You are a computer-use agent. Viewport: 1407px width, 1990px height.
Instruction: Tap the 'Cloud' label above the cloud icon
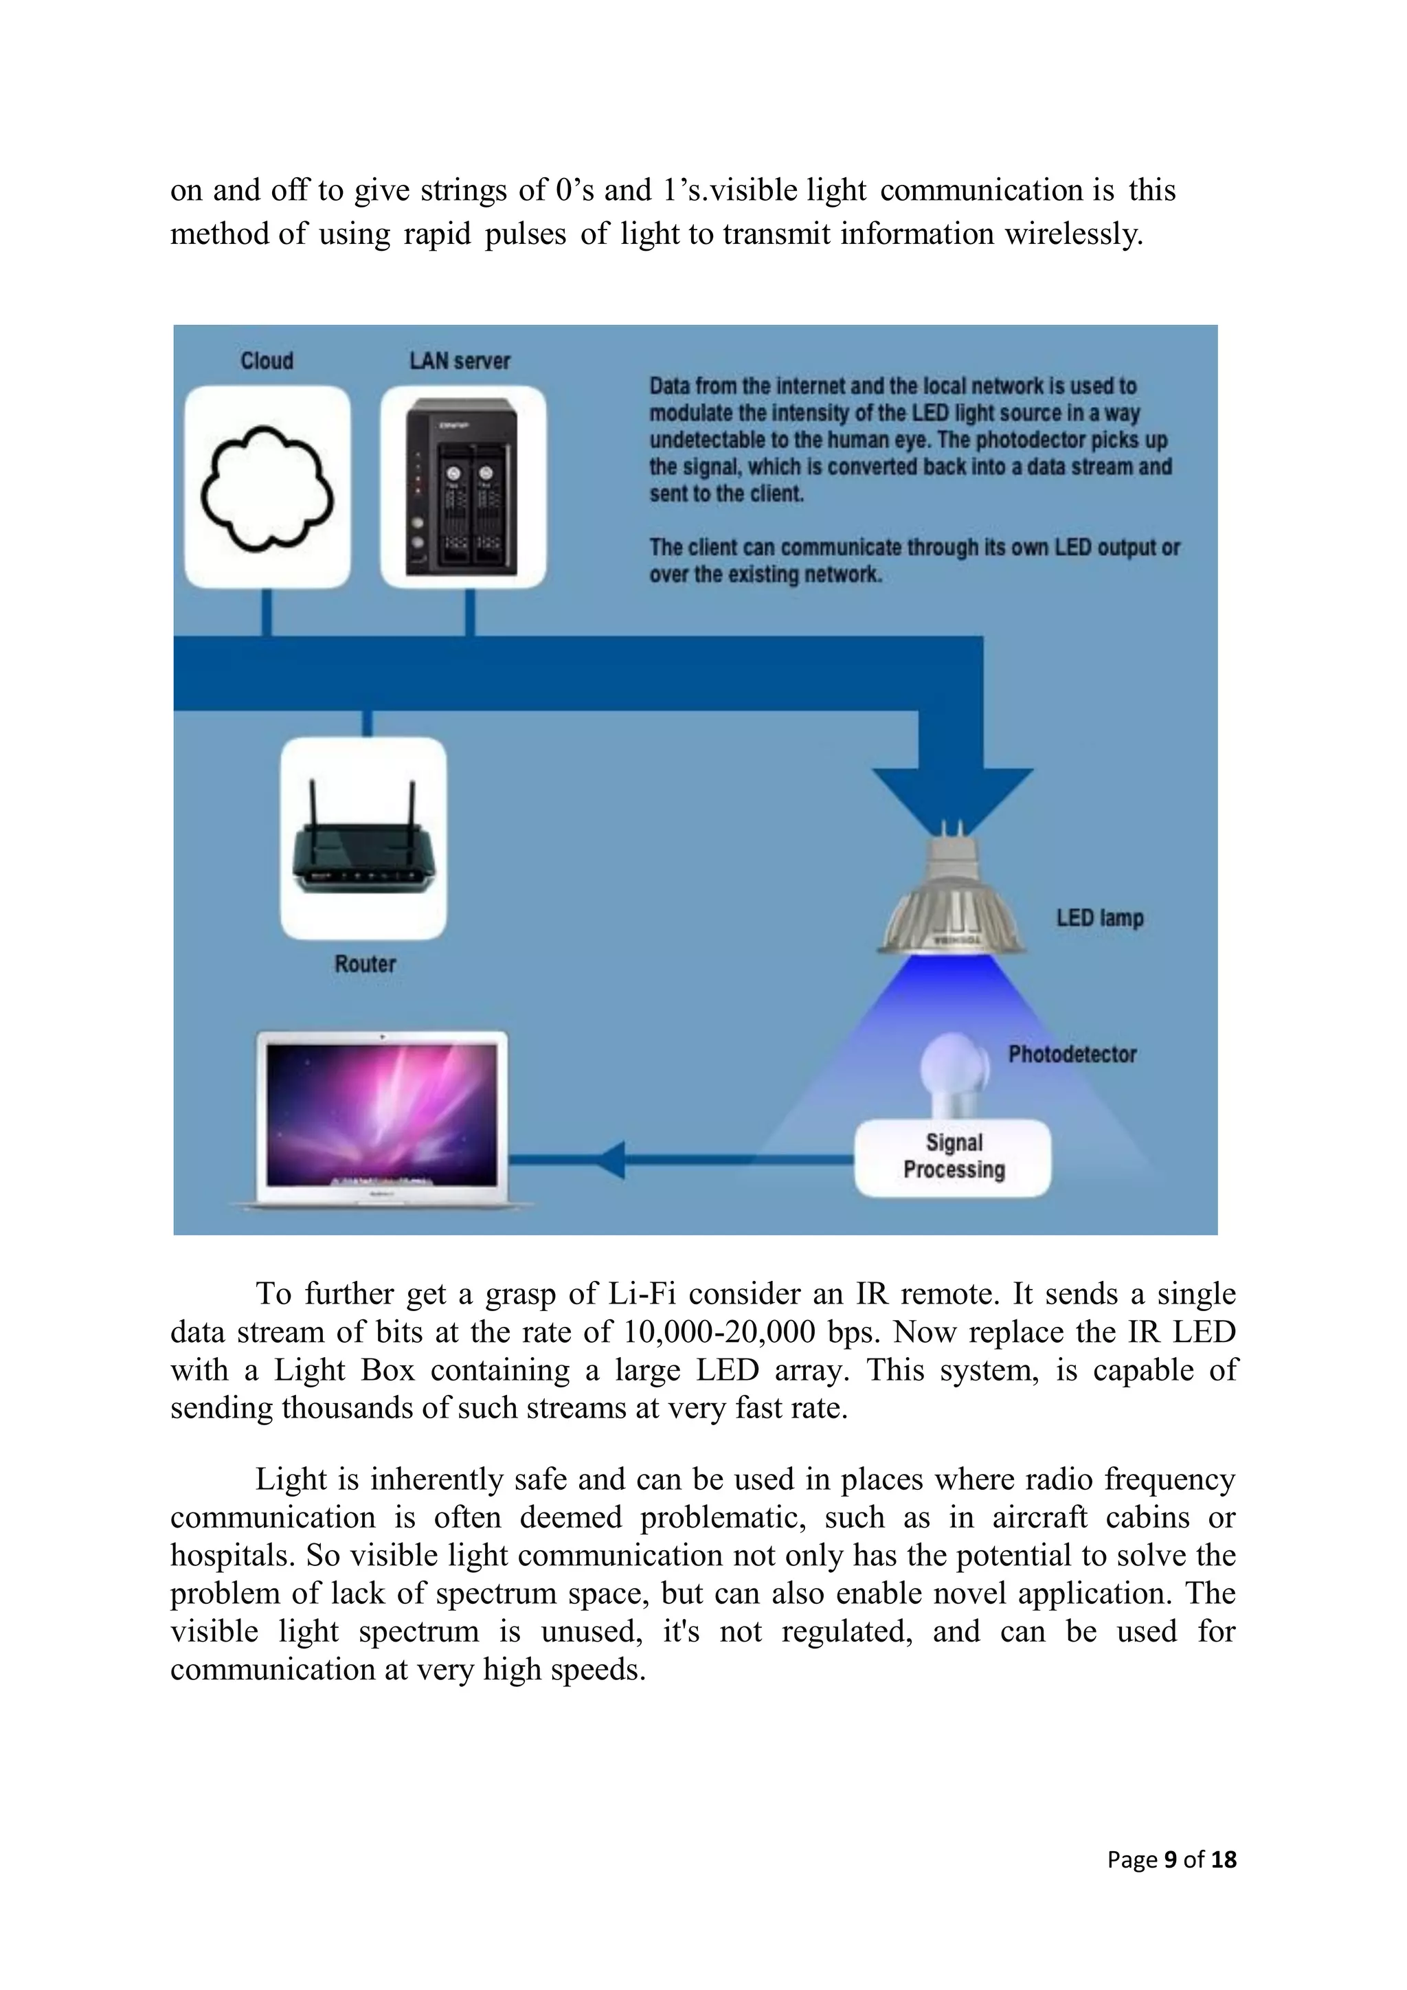coord(267,361)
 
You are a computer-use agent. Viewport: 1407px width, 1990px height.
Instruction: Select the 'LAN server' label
coord(460,361)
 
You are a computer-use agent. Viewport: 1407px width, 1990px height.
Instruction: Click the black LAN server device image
coord(462,487)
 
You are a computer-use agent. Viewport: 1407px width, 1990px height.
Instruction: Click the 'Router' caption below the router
coord(365,964)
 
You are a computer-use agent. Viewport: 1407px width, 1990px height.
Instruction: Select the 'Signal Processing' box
coord(953,1157)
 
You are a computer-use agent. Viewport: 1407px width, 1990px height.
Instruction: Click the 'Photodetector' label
coord(1072,1054)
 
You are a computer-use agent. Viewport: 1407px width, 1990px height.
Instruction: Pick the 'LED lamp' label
coord(1099,918)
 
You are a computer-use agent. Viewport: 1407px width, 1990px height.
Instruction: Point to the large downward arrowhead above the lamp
coord(952,793)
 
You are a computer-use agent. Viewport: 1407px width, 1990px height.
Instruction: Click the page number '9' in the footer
coord(1171,1860)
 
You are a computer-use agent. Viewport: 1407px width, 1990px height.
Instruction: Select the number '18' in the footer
coord(1224,1860)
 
